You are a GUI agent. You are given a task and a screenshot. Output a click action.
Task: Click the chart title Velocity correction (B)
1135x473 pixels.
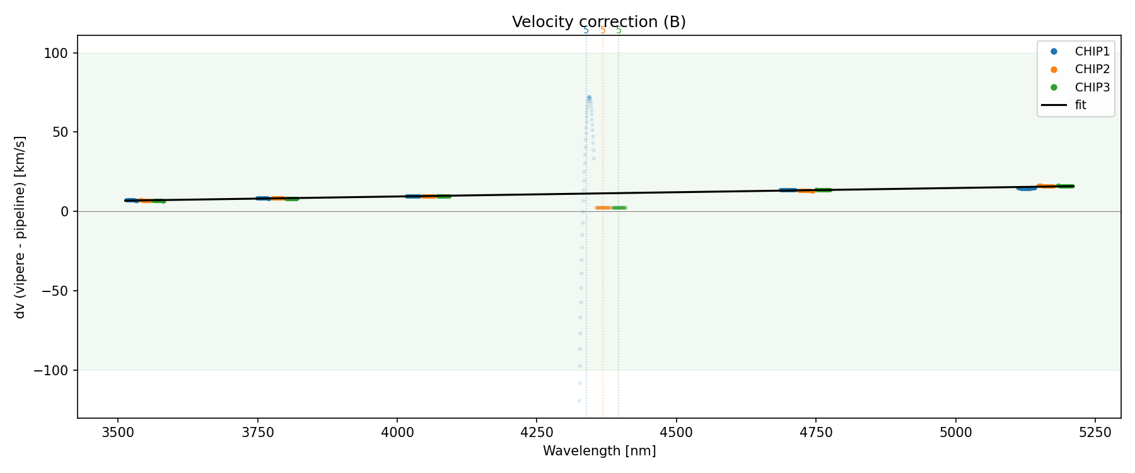pos(598,22)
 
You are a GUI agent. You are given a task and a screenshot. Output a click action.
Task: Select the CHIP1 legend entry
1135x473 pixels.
pos(1092,52)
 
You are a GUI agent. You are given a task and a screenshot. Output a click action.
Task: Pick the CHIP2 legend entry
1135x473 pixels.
pos(1092,69)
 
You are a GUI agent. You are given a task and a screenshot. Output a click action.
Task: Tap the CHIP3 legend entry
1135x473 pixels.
pos(1092,88)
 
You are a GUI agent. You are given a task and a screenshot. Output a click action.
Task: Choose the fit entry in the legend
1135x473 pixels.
pos(1081,105)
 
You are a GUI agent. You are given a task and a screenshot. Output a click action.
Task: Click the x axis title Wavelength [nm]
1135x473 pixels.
pos(599,451)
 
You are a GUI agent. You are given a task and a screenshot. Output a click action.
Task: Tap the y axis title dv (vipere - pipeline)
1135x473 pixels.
pos(20,227)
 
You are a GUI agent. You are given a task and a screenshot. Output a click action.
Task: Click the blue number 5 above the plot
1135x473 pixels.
pos(586,30)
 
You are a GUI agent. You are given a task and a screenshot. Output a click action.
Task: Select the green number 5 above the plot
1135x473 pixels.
pos(619,30)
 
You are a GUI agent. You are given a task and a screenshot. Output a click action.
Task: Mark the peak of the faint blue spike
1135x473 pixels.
pos(589,97)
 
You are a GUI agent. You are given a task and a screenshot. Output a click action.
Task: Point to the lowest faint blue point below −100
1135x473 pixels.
pos(579,400)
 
